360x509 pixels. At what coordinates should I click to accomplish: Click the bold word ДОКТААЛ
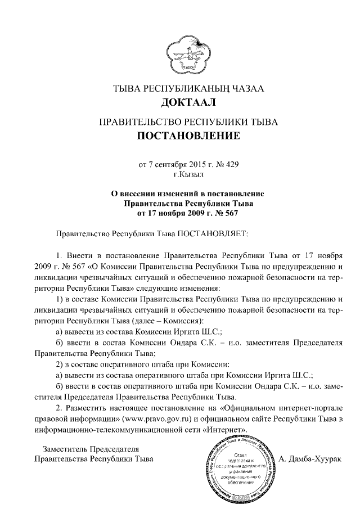tap(179, 102)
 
